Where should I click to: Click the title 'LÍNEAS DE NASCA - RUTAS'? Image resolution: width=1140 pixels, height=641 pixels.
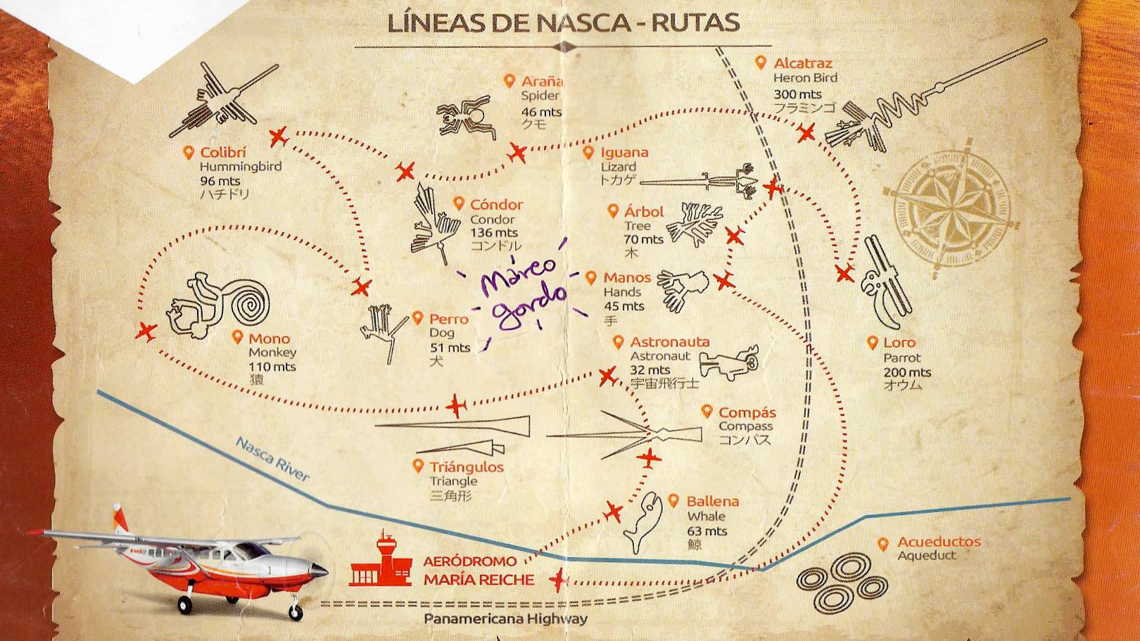click(x=564, y=23)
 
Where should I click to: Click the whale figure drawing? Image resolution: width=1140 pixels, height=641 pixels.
click(x=643, y=521)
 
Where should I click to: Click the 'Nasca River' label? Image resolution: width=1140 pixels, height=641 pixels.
click(x=273, y=459)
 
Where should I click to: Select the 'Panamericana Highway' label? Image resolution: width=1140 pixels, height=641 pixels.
click(x=505, y=619)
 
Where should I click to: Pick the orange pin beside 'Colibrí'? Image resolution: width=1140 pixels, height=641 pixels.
click(x=188, y=153)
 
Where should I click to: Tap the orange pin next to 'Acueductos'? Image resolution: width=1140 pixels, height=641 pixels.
click(x=884, y=544)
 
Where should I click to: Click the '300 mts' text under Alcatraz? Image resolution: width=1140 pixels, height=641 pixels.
click(x=797, y=94)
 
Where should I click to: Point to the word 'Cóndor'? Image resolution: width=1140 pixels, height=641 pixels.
click(x=496, y=205)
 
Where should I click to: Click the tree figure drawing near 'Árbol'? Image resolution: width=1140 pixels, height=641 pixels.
click(x=693, y=223)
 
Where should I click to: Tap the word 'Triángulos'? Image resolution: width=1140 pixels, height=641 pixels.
click(x=467, y=467)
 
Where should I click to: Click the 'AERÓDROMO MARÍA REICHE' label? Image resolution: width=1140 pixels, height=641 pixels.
click(x=479, y=571)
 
